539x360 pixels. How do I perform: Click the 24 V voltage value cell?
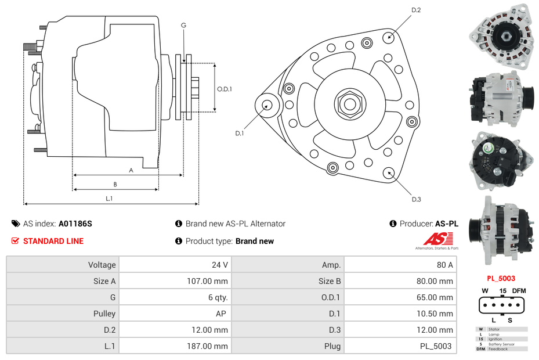(219, 265)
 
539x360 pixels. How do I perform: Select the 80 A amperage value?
(444, 265)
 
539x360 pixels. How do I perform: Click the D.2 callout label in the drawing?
(415, 10)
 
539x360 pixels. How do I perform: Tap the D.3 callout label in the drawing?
(416, 199)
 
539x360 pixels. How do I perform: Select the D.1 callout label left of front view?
(239, 134)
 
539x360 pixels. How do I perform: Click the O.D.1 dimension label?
(225, 89)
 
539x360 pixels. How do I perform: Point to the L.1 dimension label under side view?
(108, 199)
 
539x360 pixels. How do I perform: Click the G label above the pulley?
(183, 26)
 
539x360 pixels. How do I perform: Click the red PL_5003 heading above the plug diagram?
(501, 278)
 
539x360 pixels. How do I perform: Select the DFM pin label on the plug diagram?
(518, 290)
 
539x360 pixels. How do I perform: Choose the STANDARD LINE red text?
(53, 241)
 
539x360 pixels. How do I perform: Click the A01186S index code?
(75, 224)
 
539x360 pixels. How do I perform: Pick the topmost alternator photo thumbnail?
(501, 36)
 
